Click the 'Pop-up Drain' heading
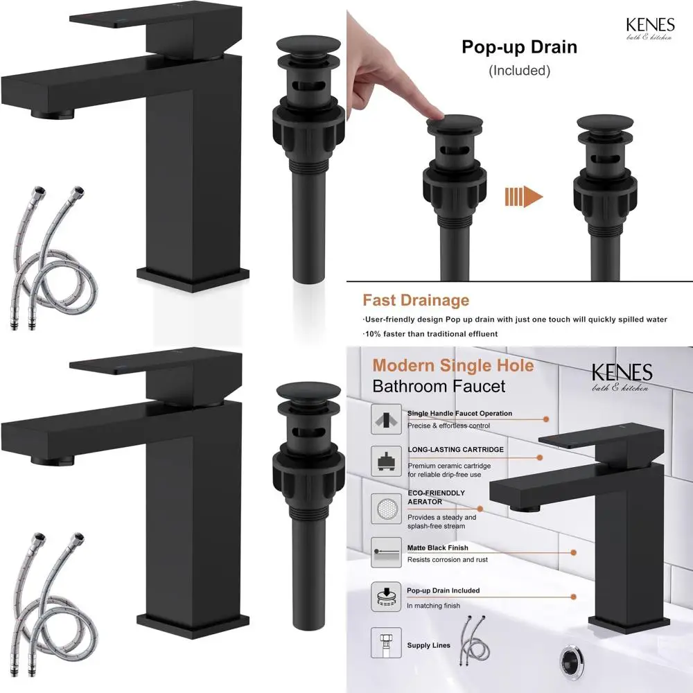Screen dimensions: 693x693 [x=519, y=48]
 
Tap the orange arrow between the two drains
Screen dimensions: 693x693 [x=523, y=197]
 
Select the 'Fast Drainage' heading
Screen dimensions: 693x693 [x=416, y=300]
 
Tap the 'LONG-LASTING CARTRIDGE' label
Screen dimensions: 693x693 [x=455, y=450]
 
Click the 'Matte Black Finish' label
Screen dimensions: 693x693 [x=437, y=547]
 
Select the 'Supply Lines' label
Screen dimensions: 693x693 [x=428, y=646]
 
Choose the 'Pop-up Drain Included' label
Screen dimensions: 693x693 [x=443, y=590]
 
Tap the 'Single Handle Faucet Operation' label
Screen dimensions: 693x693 [x=459, y=414]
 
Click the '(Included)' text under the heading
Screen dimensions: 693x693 [x=519, y=71]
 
